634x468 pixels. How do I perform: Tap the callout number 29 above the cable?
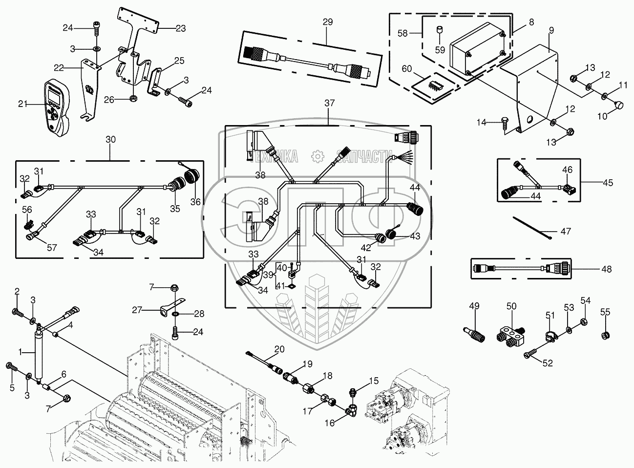[x=327, y=21]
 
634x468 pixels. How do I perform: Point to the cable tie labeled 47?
[x=532, y=227]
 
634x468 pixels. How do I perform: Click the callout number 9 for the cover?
[x=551, y=30]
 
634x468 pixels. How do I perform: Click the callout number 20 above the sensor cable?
[x=279, y=349]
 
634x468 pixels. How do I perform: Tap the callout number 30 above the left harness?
[x=110, y=139]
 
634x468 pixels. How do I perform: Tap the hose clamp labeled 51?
[x=550, y=336]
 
